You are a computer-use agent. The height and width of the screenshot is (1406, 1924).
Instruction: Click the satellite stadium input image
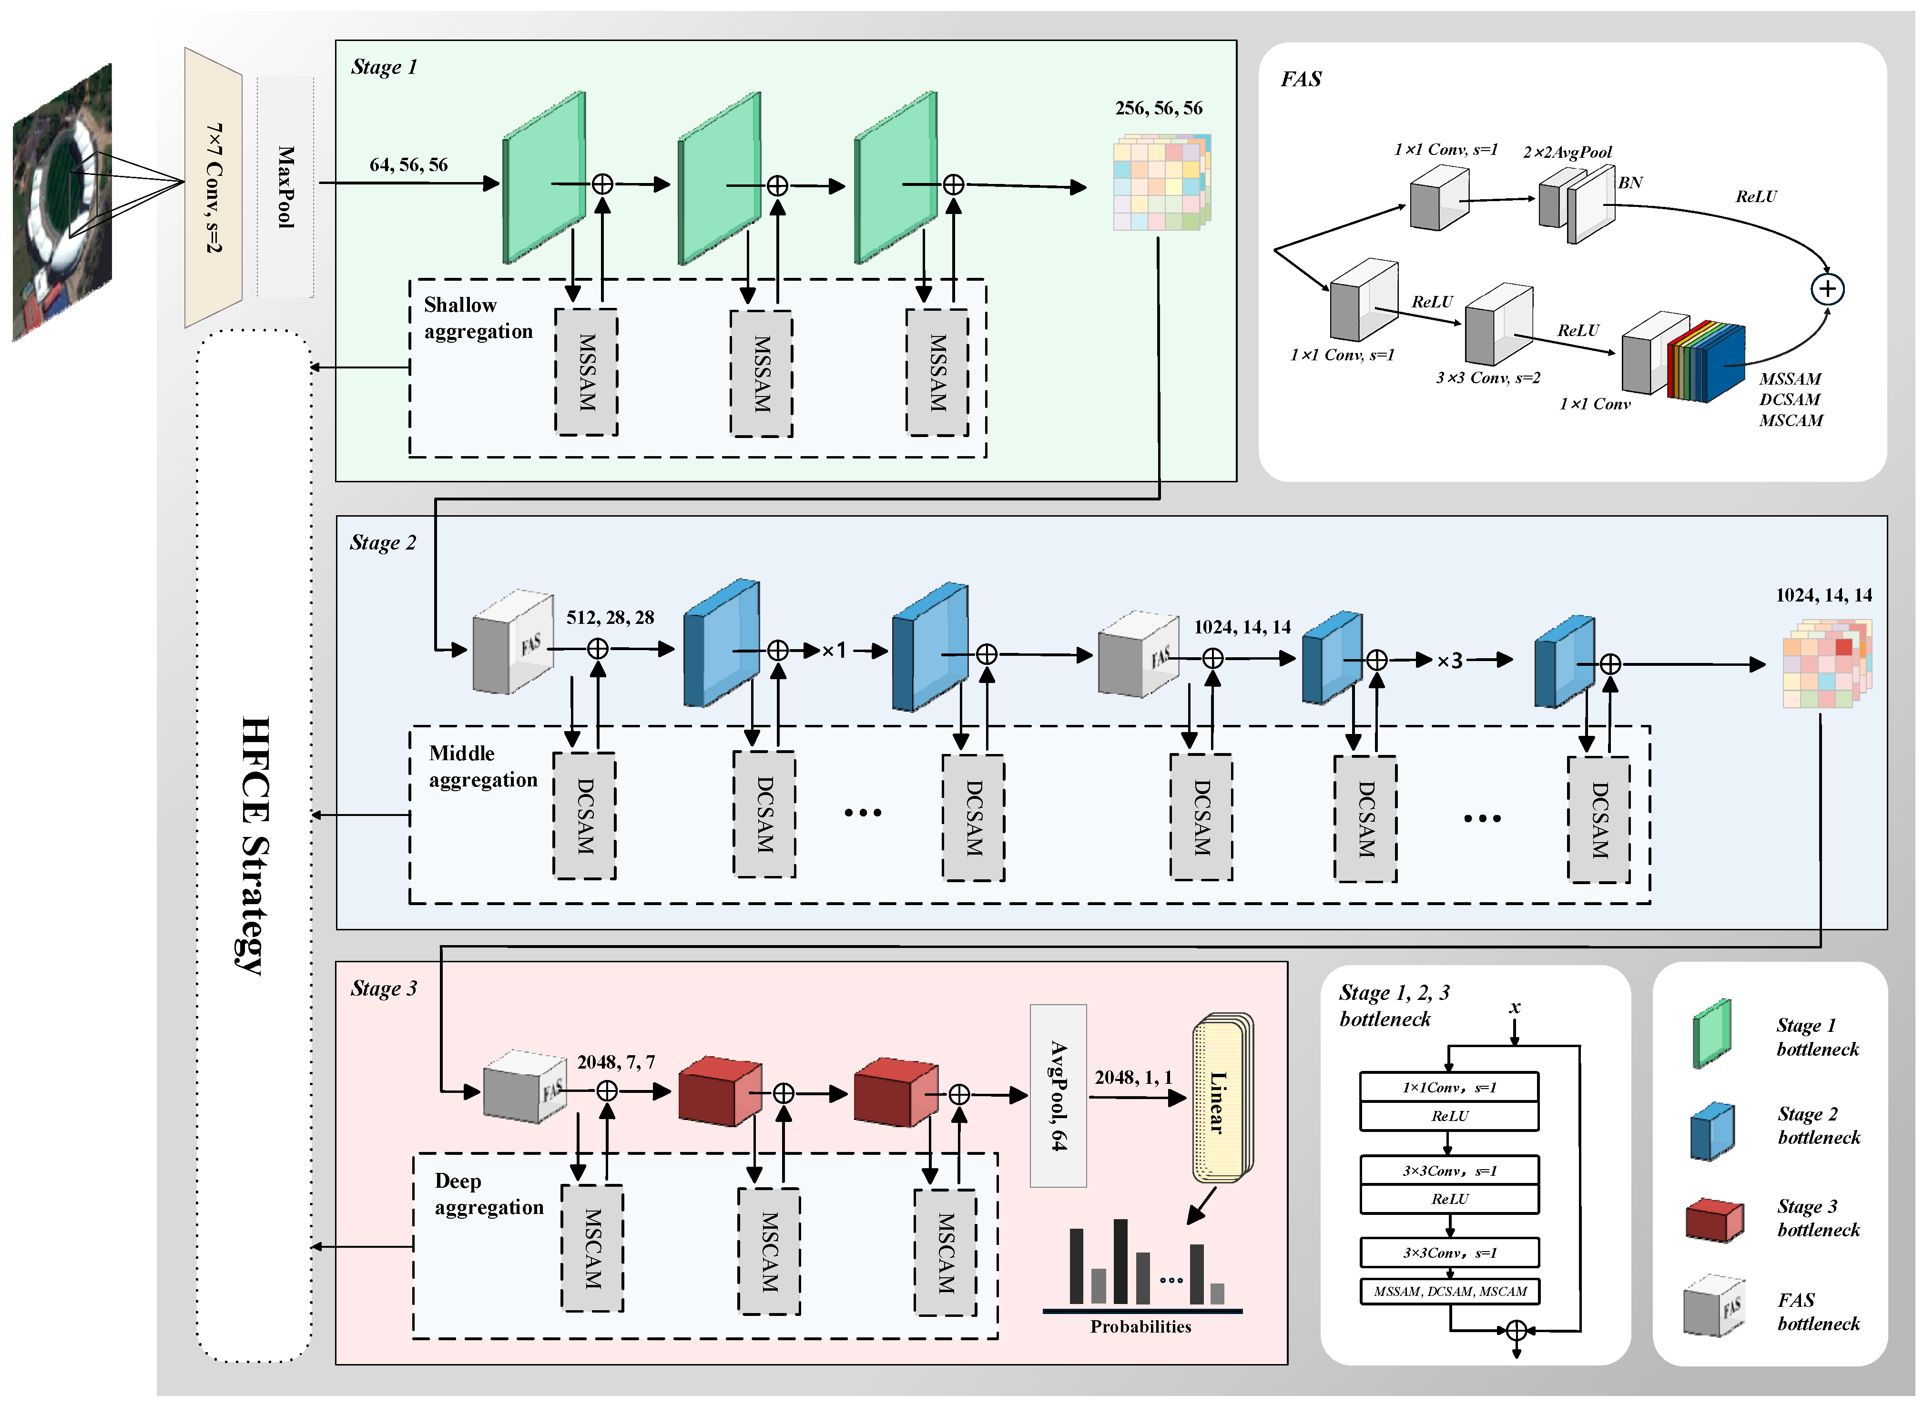click(62, 203)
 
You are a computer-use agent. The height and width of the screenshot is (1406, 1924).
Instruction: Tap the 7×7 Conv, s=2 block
click(214, 187)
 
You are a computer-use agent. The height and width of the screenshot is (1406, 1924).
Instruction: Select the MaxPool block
click(285, 187)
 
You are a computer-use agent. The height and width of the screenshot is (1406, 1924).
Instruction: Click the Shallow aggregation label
click(478, 318)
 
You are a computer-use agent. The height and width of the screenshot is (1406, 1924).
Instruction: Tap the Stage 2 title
click(383, 543)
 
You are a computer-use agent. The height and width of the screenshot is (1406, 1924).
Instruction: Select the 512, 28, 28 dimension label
click(610, 618)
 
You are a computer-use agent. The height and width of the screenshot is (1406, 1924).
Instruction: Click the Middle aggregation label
click(483, 767)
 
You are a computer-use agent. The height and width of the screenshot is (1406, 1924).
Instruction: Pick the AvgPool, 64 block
click(1058, 1095)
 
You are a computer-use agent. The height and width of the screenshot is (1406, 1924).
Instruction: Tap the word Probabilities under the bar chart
click(1140, 1327)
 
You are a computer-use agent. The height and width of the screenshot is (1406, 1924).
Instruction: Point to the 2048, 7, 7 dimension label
click(616, 1062)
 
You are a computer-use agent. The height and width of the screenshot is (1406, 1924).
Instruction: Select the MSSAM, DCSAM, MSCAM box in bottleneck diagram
click(1450, 1291)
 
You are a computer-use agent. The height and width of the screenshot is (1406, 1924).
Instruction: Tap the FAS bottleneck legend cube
click(1714, 1305)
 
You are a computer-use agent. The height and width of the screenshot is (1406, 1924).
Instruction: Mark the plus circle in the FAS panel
click(1827, 289)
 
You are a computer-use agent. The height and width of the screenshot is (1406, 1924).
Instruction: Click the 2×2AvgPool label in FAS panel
click(1568, 153)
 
